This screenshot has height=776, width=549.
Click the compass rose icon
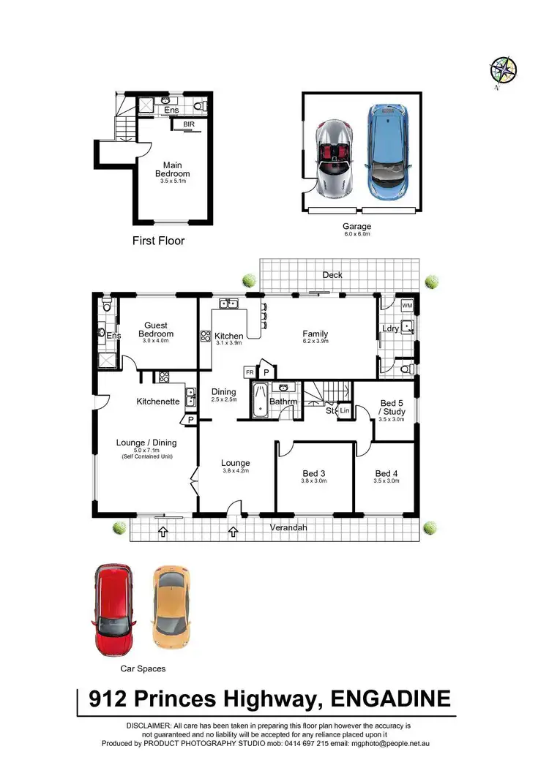(503, 71)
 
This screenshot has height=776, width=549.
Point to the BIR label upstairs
(189, 124)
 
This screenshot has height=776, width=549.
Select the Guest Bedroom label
(155, 330)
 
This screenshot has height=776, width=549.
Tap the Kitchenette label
(158, 402)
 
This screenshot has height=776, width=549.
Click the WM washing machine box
(407, 305)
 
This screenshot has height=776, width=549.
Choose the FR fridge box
(250, 372)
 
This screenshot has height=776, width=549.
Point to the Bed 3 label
(314, 473)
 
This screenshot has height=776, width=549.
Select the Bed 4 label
(386, 473)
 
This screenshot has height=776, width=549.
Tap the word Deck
(333, 275)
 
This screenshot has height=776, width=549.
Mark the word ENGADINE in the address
(391, 698)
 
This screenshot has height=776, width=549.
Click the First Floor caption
(158, 240)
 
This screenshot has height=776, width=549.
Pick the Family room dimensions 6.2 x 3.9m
(315, 342)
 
